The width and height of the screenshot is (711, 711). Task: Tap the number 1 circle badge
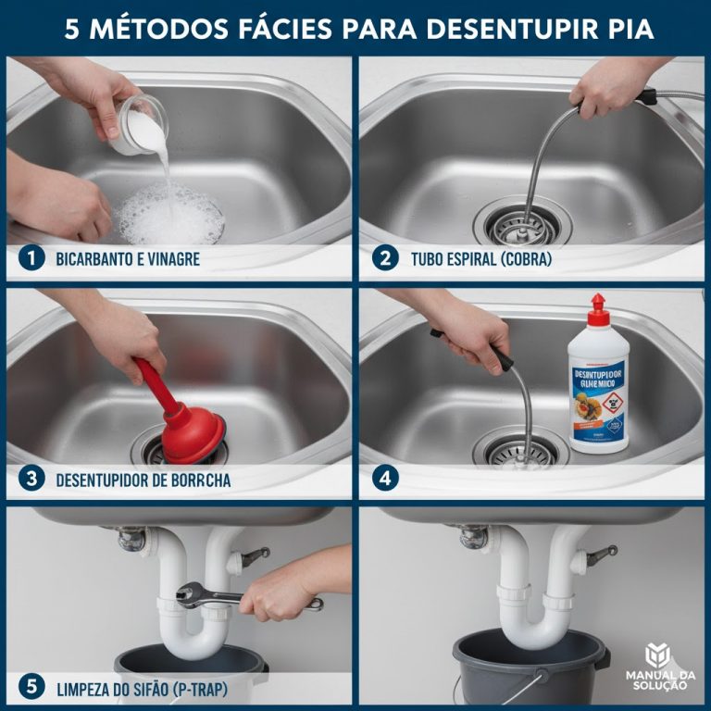[31, 259]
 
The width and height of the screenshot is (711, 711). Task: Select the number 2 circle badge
[385, 259]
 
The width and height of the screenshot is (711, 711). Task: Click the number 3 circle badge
[31, 480]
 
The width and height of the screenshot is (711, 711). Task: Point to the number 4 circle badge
[385, 480]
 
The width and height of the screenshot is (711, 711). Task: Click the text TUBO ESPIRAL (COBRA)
[480, 260]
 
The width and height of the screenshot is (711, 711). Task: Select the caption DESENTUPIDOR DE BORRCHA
[143, 480]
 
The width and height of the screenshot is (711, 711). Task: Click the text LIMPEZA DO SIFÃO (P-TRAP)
[142, 688]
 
